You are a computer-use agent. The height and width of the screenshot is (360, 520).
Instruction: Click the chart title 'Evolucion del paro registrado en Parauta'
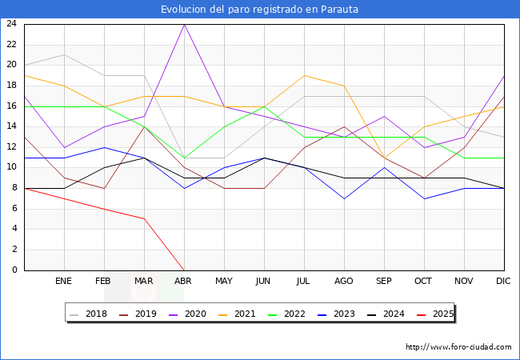click(x=259, y=10)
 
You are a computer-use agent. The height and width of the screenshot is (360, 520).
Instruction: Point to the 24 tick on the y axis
click(x=12, y=24)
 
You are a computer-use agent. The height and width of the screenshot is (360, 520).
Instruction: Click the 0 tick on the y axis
click(x=15, y=270)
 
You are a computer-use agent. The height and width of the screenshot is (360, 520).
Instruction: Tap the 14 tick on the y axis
click(x=12, y=126)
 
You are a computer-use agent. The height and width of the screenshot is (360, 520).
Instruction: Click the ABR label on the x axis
click(x=184, y=282)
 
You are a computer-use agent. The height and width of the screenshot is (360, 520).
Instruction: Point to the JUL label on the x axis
click(x=304, y=282)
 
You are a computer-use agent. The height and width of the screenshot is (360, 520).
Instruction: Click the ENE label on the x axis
click(x=64, y=282)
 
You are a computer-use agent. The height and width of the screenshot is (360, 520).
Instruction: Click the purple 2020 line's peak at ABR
click(x=184, y=24)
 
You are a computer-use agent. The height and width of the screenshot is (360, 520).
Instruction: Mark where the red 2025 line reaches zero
click(x=184, y=270)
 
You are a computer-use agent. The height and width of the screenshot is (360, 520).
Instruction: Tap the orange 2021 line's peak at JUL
click(x=304, y=75)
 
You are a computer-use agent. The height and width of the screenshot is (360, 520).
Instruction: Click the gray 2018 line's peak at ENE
click(x=64, y=54)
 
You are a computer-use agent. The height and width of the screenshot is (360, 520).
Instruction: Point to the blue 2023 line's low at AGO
click(x=344, y=198)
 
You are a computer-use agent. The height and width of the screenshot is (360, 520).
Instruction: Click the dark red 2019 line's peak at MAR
click(x=144, y=126)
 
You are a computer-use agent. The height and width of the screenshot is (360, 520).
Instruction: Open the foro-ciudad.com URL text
click(x=458, y=347)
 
